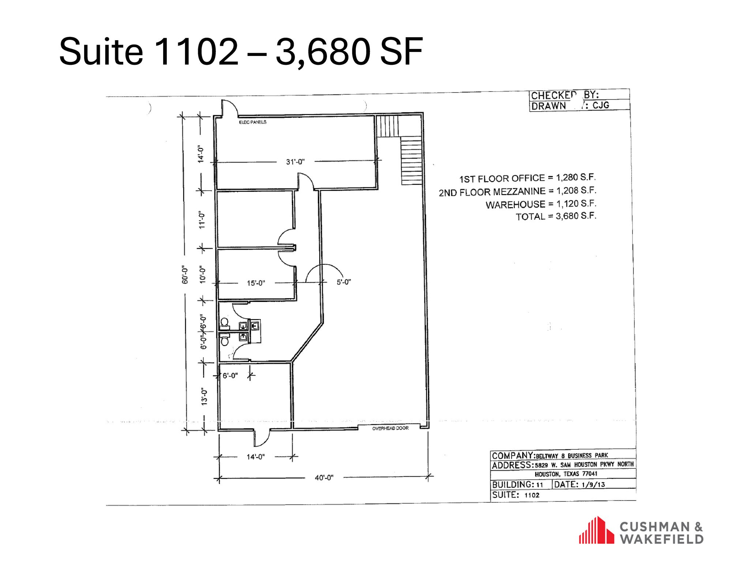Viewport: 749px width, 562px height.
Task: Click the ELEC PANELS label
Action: (x=253, y=122)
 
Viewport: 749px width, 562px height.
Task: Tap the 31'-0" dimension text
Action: (x=295, y=162)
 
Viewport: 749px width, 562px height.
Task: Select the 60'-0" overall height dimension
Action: (x=185, y=275)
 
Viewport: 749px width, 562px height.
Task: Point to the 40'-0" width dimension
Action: (x=324, y=478)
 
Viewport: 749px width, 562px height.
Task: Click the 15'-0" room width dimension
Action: (x=256, y=283)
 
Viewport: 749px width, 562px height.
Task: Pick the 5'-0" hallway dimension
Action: (x=344, y=282)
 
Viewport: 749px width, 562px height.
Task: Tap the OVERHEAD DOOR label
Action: (x=390, y=428)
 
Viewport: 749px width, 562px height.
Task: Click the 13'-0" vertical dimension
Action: (x=204, y=397)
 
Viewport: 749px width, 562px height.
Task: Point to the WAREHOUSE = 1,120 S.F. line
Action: (x=541, y=204)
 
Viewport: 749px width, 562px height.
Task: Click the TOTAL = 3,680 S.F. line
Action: (x=556, y=217)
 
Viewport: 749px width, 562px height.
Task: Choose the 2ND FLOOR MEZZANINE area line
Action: (x=517, y=191)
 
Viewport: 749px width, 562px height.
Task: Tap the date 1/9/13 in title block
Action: (x=593, y=485)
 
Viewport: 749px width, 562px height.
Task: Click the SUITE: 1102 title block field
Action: (x=516, y=495)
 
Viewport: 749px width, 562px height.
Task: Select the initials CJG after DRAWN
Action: (x=601, y=105)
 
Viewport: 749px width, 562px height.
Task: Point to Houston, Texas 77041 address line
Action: (x=566, y=474)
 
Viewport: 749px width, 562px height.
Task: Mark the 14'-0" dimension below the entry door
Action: (x=256, y=457)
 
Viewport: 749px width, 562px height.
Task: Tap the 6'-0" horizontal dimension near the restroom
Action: (x=230, y=375)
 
